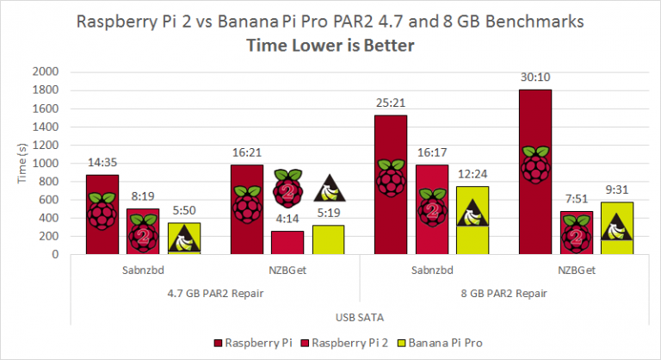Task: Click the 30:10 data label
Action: point(534,76)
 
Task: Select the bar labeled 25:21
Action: point(390,184)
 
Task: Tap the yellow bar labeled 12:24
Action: point(472,220)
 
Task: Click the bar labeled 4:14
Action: point(287,242)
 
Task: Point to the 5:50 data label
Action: point(183,209)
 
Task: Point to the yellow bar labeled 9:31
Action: point(617,228)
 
